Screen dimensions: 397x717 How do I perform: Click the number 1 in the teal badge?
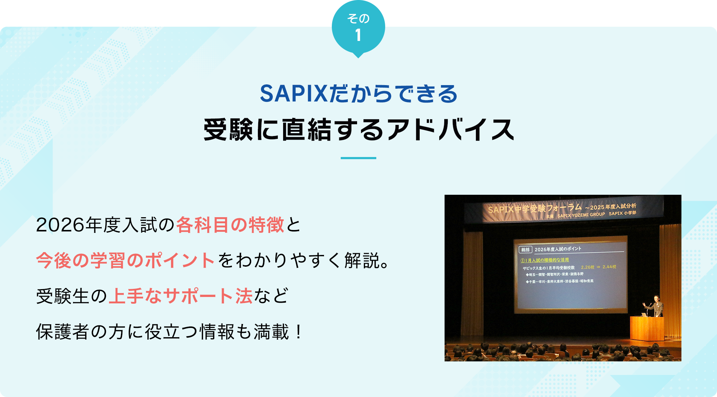358,35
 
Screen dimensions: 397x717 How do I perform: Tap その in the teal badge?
358,18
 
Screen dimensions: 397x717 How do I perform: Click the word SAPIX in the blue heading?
293,94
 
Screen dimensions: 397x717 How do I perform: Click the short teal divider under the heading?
358,158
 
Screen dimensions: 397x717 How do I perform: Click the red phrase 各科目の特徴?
230,225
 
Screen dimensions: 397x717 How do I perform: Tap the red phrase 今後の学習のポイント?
125,261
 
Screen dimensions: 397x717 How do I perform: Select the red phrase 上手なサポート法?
181,296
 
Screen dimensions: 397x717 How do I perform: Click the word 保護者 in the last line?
63,332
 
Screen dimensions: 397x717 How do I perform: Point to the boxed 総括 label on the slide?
525,250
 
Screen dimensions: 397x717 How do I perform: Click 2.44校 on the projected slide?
609,267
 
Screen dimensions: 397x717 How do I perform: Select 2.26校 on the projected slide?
588,267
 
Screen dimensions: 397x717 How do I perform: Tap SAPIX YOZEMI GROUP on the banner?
581,215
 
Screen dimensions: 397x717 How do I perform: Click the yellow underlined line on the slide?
545,260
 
